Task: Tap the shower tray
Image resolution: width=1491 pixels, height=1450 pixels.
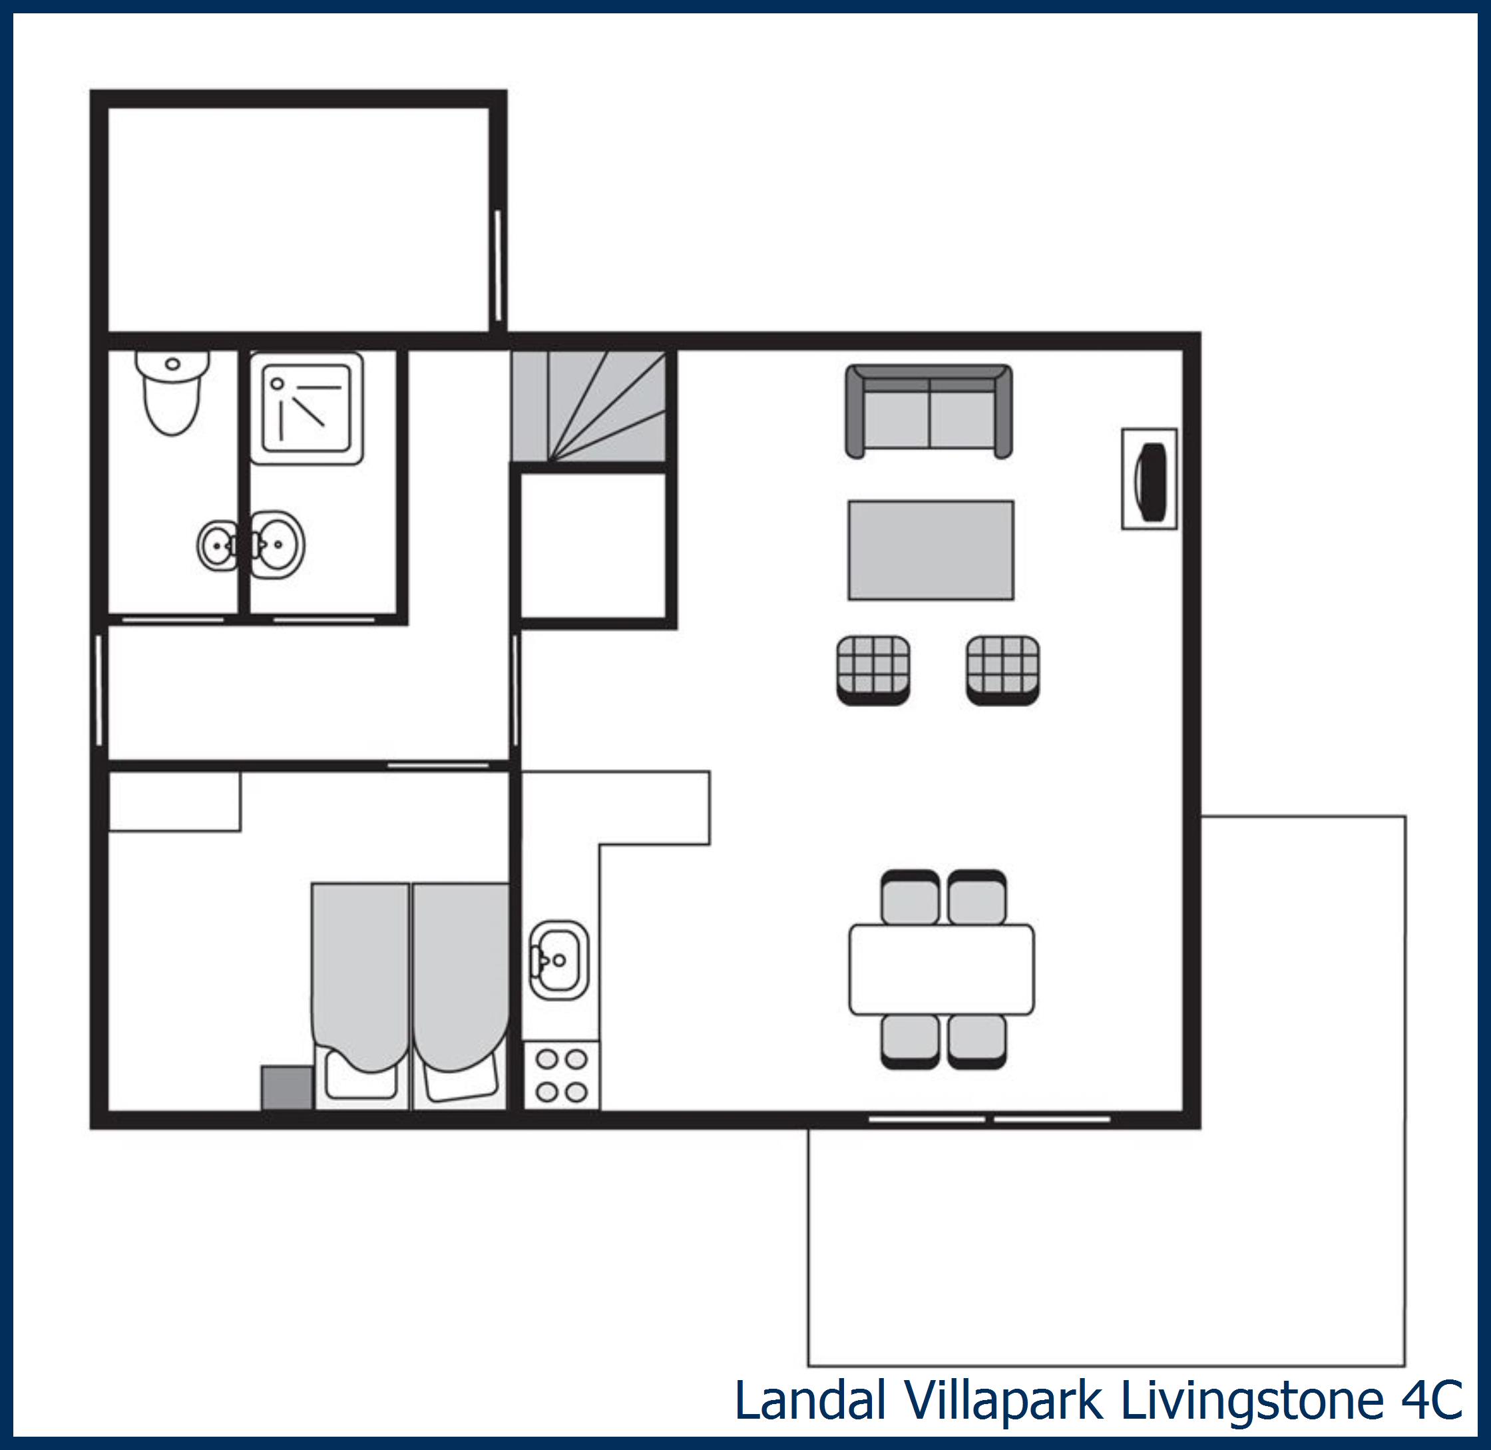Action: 306,408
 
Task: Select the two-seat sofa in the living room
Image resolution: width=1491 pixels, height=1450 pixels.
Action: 929,413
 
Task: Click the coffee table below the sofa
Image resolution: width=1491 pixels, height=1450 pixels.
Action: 931,551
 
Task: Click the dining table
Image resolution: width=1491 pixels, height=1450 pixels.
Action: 941,969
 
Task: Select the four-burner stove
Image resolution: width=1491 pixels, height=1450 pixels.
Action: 561,1075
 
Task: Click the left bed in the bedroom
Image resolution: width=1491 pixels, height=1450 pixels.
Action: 359,990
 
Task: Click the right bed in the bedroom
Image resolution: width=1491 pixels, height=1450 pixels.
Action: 460,990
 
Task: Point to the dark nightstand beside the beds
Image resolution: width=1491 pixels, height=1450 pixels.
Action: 287,1088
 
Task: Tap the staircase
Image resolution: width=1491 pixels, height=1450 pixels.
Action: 590,406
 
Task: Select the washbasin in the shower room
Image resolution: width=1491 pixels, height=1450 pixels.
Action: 278,545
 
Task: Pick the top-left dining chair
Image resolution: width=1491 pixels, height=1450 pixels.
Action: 909,898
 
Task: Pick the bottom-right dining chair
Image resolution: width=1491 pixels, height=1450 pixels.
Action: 977,1041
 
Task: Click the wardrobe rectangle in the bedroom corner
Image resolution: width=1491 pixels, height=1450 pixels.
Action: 174,801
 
